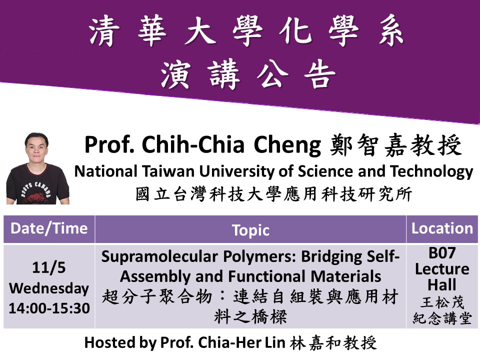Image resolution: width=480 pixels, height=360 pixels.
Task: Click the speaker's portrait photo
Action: (37, 168)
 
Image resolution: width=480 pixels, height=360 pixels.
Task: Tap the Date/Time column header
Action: (49, 228)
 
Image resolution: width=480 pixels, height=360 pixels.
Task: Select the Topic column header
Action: (250, 230)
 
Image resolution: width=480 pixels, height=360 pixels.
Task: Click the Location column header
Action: (442, 228)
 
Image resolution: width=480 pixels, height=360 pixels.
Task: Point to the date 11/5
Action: (49, 267)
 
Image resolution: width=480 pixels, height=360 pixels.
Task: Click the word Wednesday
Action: (49, 288)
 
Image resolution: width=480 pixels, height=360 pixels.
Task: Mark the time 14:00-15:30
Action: (49, 308)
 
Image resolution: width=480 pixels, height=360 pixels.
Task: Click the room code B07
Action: (442, 253)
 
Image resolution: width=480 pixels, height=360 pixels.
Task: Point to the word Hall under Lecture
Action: (442, 284)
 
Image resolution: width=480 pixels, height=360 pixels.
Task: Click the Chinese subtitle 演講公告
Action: (248, 74)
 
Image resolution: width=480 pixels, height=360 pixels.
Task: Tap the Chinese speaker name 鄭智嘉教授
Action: (396, 145)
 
